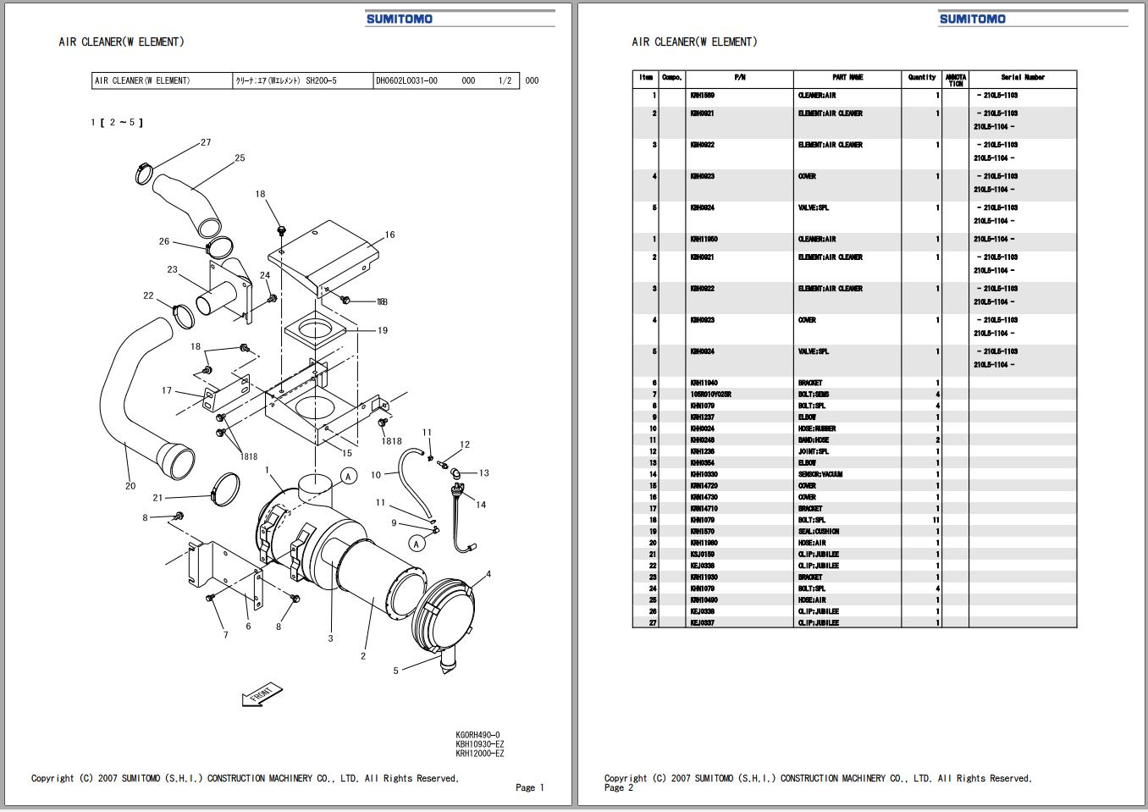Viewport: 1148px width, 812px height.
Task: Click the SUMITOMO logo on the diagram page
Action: [x=399, y=19]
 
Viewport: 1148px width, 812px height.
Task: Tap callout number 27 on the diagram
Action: [x=206, y=142]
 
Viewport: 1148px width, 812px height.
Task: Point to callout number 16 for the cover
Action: [x=389, y=235]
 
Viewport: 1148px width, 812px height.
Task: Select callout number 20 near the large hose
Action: [x=130, y=486]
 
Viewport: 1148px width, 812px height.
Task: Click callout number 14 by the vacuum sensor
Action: [x=481, y=505]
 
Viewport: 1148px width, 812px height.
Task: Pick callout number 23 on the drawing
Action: [x=173, y=270]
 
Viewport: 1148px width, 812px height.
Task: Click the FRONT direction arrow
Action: [x=262, y=694]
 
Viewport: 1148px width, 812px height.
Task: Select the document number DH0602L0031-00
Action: [x=406, y=81]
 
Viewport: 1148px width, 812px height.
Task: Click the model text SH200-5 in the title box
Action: [x=321, y=81]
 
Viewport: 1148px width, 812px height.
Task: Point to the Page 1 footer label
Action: [x=530, y=787]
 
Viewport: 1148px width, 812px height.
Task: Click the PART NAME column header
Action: [x=847, y=78]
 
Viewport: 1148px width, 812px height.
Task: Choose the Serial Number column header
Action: [x=1023, y=78]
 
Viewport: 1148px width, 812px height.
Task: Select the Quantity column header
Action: [x=922, y=78]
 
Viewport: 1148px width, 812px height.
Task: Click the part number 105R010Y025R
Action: [x=710, y=395]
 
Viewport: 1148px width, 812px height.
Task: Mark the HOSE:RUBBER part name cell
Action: [x=817, y=428]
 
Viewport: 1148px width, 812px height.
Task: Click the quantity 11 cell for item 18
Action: [x=936, y=520]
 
